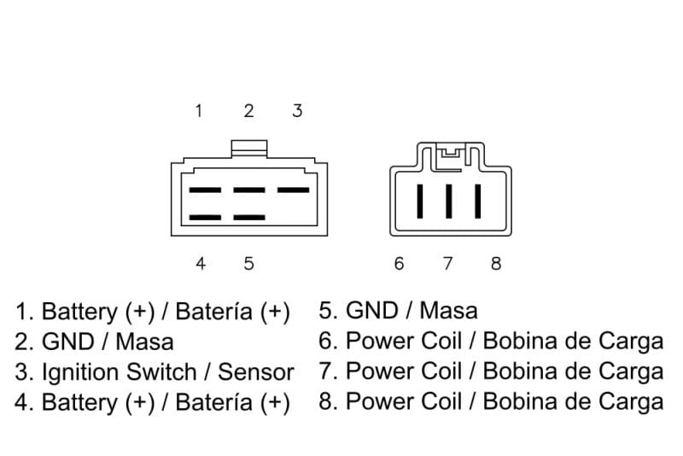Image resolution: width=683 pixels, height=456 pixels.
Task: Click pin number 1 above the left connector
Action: click(x=199, y=111)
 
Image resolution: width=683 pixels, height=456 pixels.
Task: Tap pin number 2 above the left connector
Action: click(x=248, y=111)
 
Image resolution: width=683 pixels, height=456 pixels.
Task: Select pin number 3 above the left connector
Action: click(x=297, y=111)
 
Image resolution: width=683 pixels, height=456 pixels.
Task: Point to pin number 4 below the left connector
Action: click(x=200, y=263)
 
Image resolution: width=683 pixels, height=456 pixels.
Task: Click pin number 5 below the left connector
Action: click(x=248, y=263)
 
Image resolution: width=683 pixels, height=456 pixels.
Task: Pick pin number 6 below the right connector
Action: click(x=399, y=263)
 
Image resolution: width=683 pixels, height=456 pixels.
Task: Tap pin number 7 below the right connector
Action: click(x=447, y=263)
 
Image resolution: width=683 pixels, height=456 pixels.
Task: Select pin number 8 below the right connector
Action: click(x=496, y=263)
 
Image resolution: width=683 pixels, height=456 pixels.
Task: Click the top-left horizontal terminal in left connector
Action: click(x=205, y=190)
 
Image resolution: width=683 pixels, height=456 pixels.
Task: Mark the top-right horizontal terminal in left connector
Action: click(x=293, y=190)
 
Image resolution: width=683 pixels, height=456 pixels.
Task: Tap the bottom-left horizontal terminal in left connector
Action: click(x=205, y=218)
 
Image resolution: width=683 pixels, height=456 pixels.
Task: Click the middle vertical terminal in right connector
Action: click(x=448, y=201)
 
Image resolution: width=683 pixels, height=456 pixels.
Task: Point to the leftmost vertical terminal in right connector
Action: click(x=420, y=201)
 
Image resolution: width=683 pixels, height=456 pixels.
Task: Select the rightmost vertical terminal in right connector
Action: click(x=477, y=201)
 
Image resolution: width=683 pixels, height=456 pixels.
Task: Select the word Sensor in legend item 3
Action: click(x=255, y=372)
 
